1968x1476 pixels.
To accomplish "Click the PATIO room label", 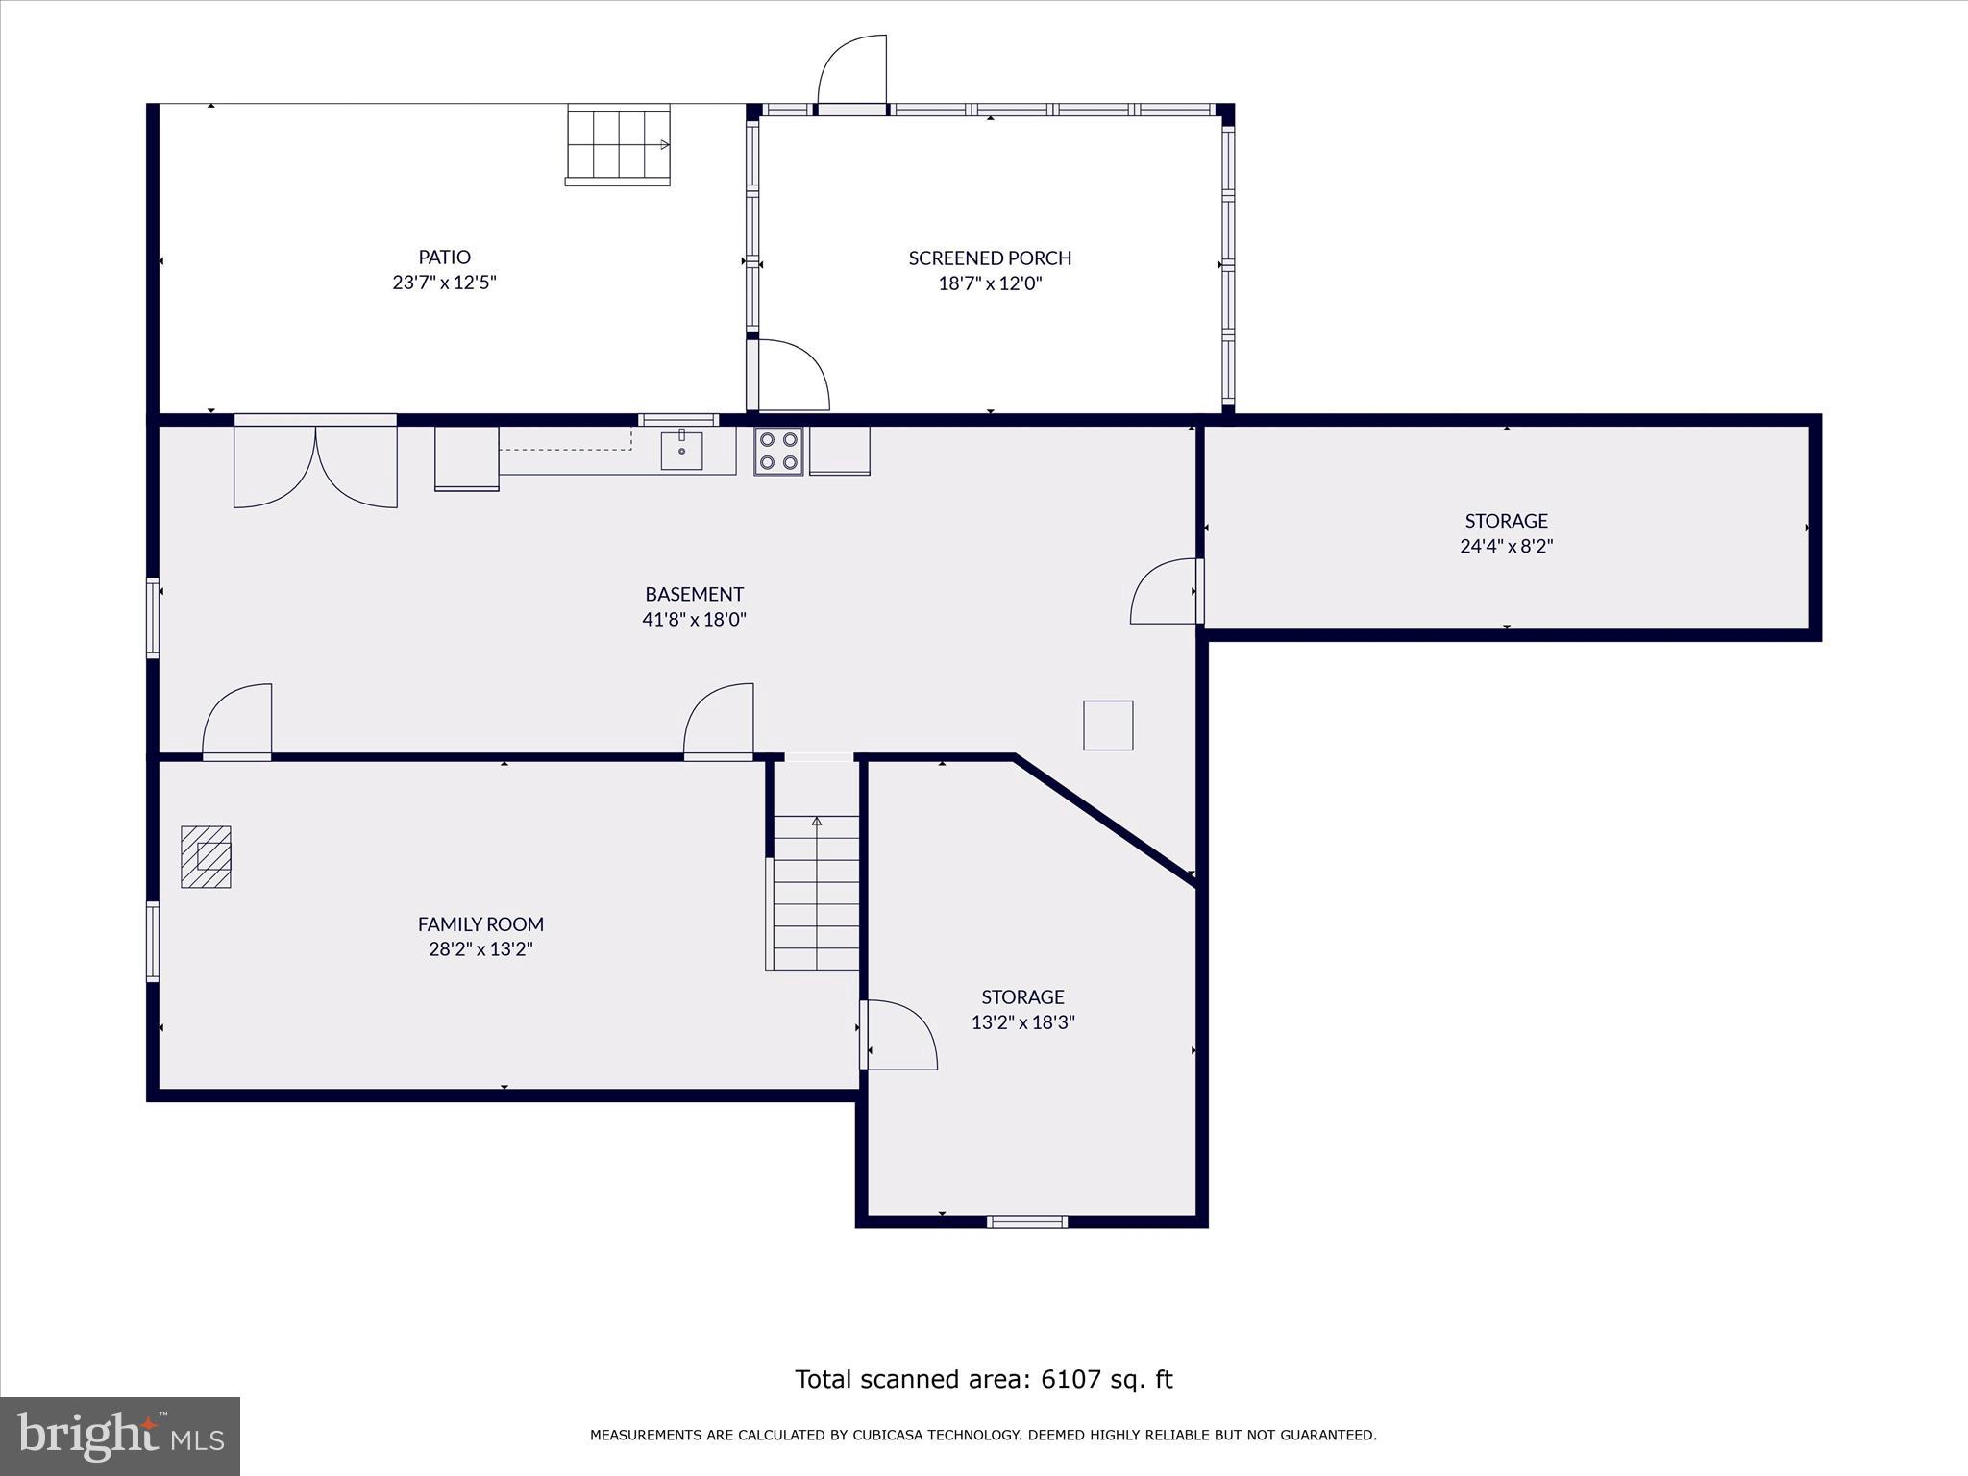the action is point(444,257).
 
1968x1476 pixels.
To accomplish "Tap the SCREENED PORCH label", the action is point(990,258).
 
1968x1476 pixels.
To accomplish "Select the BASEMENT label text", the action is point(694,594).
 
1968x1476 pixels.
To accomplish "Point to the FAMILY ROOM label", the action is point(480,923).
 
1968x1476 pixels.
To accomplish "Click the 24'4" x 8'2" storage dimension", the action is point(1506,546).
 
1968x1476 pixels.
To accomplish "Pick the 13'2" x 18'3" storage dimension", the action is point(1022,1022).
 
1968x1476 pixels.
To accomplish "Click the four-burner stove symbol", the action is point(778,452).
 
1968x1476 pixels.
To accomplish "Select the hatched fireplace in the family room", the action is point(206,857).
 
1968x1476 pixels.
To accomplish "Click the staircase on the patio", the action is point(618,145).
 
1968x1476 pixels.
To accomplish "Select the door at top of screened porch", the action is point(851,74).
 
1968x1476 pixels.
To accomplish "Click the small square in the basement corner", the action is point(1108,726).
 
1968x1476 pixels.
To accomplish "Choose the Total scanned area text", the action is point(984,1379).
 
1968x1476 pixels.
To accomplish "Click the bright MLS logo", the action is point(120,1437).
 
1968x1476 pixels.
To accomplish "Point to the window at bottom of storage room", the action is point(1027,1221).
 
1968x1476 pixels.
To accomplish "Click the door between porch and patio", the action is point(788,375).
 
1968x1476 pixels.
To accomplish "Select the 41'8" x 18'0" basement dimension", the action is point(694,620).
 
